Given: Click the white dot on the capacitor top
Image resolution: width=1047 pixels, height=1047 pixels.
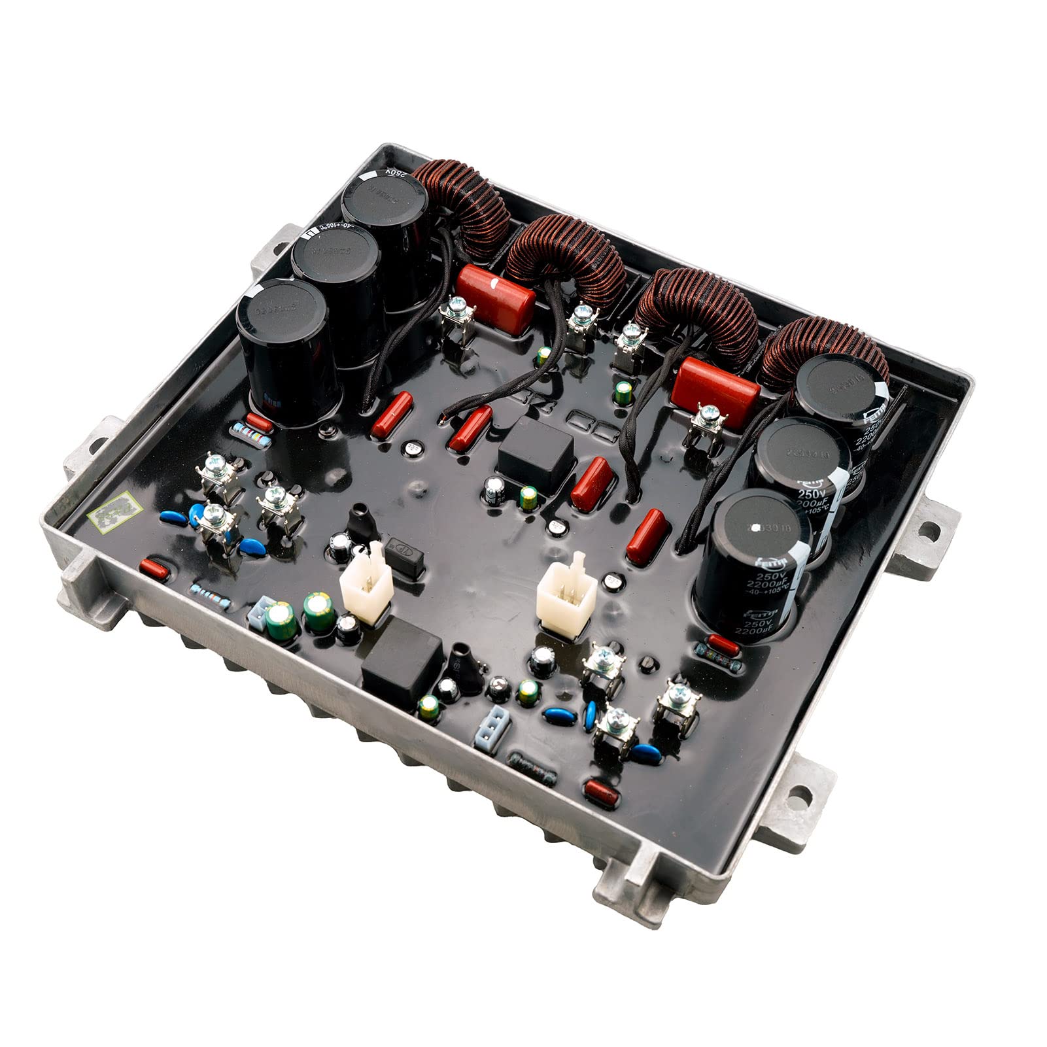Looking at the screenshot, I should click(757, 527).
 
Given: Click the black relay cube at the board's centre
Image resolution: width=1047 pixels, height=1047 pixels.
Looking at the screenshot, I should click(535, 455).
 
